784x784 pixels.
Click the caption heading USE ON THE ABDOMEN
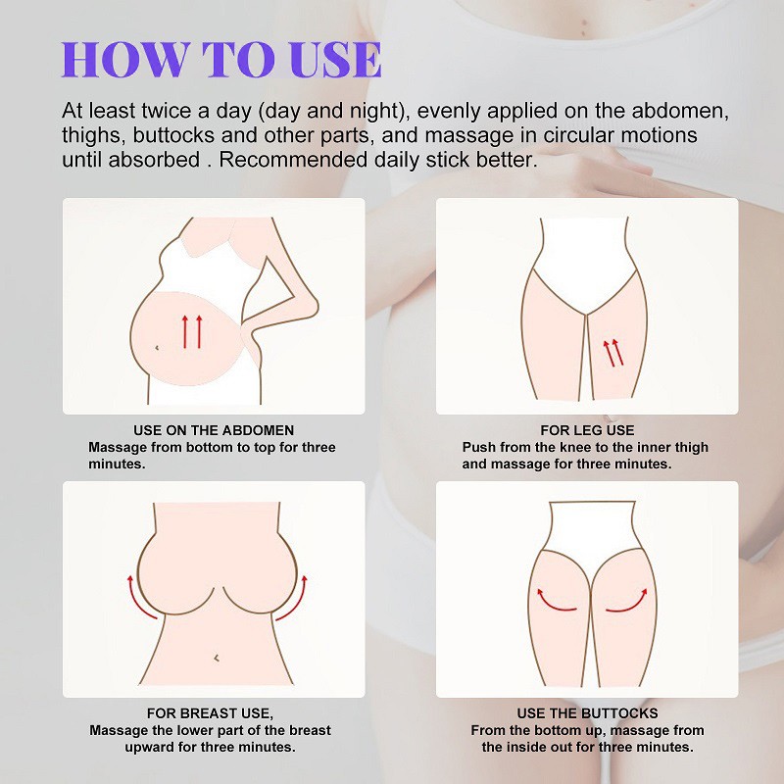tap(214, 430)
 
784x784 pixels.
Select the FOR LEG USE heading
tap(587, 430)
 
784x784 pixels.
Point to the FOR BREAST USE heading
tap(210, 713)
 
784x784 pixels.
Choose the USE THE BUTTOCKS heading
tap(587, 713)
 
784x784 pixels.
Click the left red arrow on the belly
tap(185, 331)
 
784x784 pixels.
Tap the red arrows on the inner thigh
tap(612, 352)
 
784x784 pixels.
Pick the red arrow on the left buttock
tap(556, 597)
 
